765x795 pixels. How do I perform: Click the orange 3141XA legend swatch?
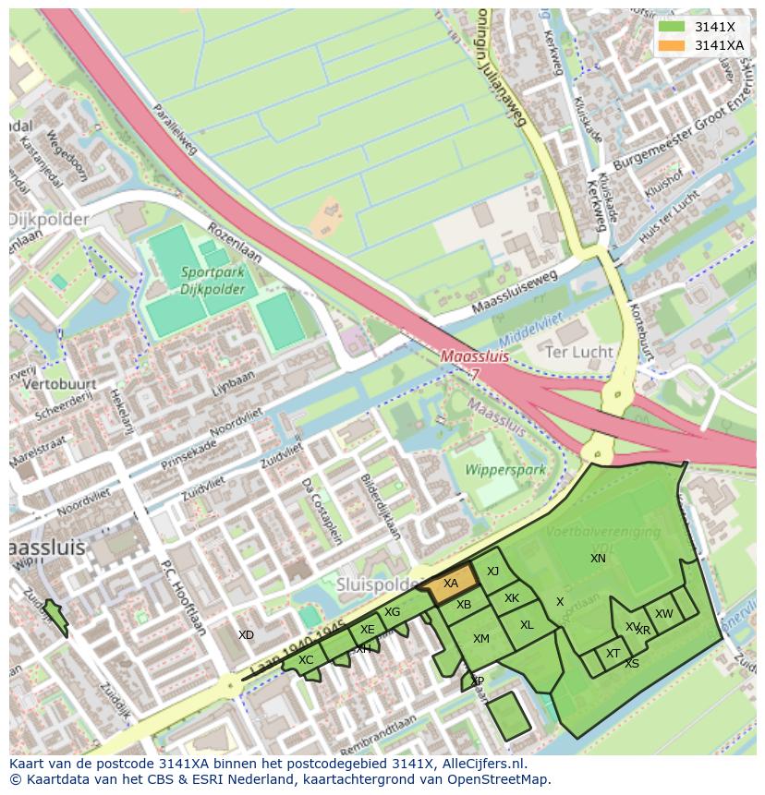[673, 45]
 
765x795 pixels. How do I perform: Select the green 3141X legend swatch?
[673, 27]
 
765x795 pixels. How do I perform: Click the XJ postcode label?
[492, 572]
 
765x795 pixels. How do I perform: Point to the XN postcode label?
[598, 558]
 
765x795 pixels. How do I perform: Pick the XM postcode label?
[480, 639]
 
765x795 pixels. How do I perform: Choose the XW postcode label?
[663, 614]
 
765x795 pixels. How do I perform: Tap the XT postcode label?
[613, 654]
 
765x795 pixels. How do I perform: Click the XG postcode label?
[392, 612]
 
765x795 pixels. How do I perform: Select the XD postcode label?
[246, 635]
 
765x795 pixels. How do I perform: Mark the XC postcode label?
[306, 660]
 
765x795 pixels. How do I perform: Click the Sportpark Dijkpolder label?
[200, 282]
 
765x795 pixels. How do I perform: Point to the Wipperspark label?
[504, 470]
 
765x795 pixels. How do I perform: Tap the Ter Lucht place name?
[579, 352]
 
